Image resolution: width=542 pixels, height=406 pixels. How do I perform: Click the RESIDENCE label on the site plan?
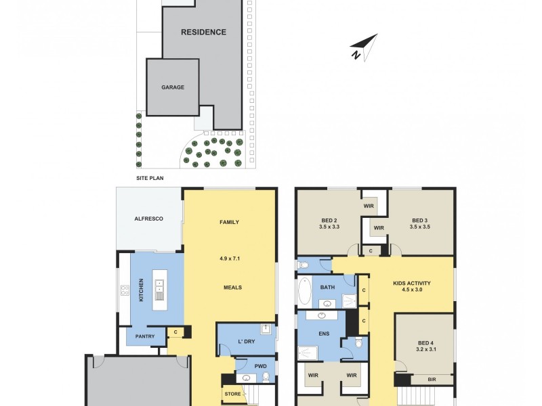coord(203,32)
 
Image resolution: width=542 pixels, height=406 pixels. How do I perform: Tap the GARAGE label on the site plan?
coord(172,87)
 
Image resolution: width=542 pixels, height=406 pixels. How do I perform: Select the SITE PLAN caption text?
coord(150,179)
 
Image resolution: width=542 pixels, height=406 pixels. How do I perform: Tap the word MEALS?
coord(232,287)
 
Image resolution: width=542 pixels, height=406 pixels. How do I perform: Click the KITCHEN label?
coord(142,291)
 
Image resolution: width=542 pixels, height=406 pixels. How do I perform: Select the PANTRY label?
coord(145,336)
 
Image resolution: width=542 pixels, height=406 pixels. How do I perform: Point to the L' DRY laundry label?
coord(245,342)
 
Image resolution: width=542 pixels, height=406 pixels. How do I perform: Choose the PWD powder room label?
coord(260,367)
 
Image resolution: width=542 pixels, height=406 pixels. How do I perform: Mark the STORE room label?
coord(232,393)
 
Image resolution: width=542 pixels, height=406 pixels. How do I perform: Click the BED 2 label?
coord(329,219)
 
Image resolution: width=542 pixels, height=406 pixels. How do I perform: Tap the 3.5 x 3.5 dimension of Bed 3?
coord(420,227)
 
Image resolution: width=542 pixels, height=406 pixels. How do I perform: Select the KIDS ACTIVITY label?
coord(411,283)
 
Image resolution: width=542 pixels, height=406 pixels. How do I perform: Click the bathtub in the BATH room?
coord(304,292)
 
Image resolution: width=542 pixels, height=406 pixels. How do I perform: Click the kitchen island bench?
coord(159,290)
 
